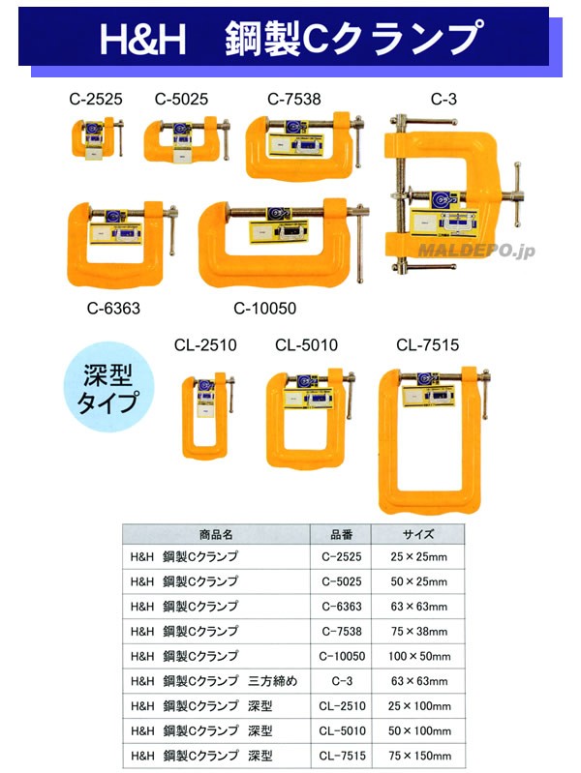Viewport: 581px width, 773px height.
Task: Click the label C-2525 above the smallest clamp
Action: [x=97, y=99]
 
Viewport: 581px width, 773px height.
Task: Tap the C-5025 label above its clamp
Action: [x=181, y=99]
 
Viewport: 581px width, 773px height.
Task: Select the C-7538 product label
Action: [x=294, y=99]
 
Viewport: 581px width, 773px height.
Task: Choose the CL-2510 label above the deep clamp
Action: [x=205, y=345]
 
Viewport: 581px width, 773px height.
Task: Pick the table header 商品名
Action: [x=216, y=534]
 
